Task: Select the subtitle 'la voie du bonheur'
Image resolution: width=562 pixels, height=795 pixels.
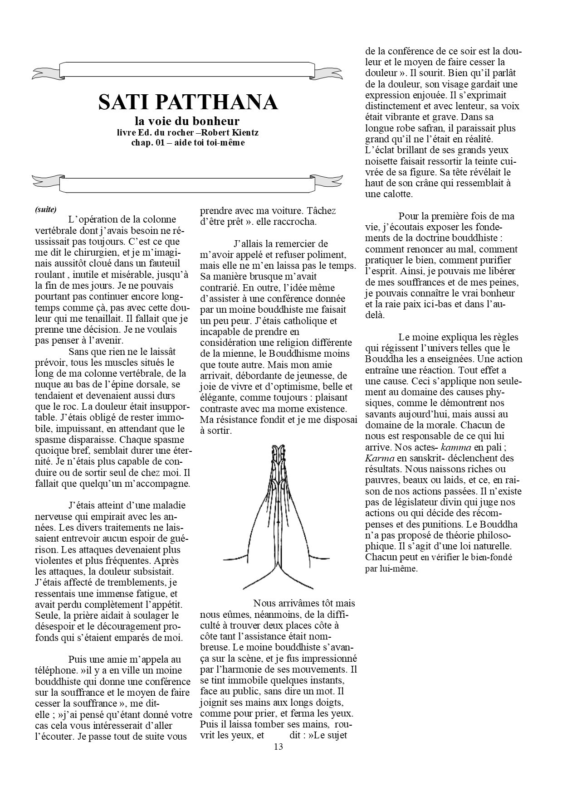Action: pyautogui.click(x=187, y=121)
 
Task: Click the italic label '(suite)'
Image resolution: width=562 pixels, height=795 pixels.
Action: pyautogui.click(x=45, y=209)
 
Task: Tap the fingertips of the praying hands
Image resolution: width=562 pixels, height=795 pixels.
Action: pyautogui.click(x=278, y=449)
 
